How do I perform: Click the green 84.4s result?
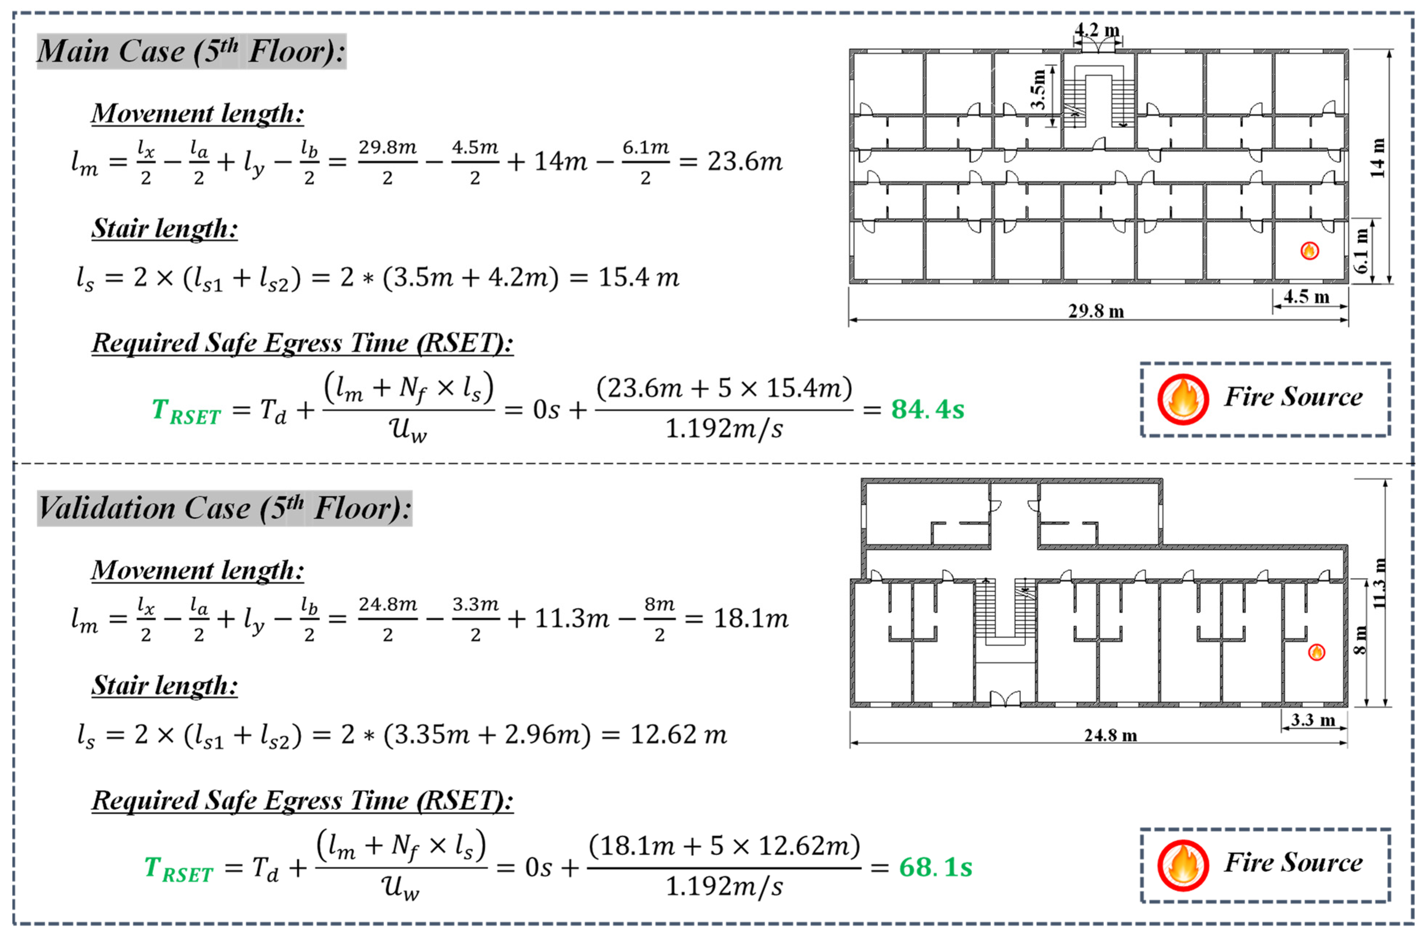(x=927, y=409)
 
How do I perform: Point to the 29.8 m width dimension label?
(x=1096, y=311)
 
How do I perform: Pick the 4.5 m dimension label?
(x=1306, y=297)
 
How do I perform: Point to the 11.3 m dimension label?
(x=1379, y=583)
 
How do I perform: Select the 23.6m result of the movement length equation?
(x=745, y=161)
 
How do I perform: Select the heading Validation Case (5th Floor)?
(x=224, y=508)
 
